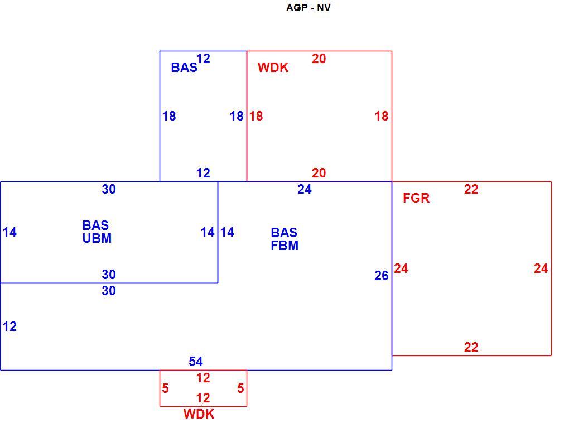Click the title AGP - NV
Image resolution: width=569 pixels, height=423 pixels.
pos(308,8)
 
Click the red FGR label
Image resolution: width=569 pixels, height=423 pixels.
pos(416,198)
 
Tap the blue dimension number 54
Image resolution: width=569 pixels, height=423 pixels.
pos(196,361)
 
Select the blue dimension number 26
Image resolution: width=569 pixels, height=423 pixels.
pos(382,276)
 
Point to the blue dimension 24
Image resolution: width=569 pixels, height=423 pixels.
pos(305,189)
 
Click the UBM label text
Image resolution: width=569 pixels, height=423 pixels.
pos(97,238)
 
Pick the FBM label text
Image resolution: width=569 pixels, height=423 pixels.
pos(284,246)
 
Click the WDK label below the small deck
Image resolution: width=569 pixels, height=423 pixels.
pos(199,414)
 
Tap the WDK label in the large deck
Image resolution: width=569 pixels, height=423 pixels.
pos(273,68)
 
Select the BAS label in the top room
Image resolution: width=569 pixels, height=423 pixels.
pos(184,68)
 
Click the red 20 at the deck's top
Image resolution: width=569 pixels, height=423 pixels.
pos(319,59)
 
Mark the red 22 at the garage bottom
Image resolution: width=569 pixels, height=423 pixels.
pos(471,347)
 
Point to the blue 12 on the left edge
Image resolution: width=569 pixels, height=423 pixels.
pos(10,327)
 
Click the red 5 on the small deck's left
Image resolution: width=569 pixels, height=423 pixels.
pos(165,388)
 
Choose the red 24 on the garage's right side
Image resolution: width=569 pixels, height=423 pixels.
pos(541,268)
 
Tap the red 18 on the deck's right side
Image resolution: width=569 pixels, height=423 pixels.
pos(382,116)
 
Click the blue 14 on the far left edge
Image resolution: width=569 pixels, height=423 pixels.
pos(10,232)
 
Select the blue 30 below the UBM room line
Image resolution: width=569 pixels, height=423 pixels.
pos(109,291)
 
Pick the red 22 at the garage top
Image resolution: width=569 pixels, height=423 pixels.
pos(471,189)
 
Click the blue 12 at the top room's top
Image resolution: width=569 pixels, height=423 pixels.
pos(203,59)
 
